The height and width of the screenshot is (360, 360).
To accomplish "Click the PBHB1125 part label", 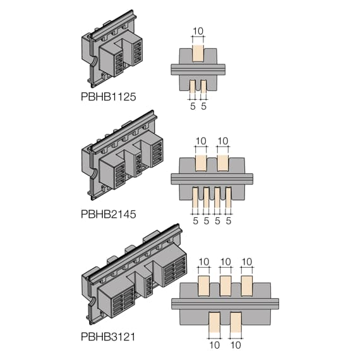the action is tap(109, 97).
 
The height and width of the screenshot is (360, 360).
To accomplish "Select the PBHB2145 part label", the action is tap(109, 214).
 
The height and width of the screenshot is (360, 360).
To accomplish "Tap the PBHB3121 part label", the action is tap(108, 337).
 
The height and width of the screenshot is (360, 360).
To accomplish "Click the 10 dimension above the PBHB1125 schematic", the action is tap(198, 31).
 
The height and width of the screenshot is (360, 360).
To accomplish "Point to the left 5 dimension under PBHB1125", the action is tap(193, 106).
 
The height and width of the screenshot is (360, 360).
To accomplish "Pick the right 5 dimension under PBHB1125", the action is tap(203, 106).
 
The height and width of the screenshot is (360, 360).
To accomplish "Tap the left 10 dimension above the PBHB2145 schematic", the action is tap(201, 141).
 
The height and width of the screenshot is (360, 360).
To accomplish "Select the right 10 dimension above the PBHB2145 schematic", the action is tap(223, 141).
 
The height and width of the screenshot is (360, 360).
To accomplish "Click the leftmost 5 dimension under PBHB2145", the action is tap(195, 221).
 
